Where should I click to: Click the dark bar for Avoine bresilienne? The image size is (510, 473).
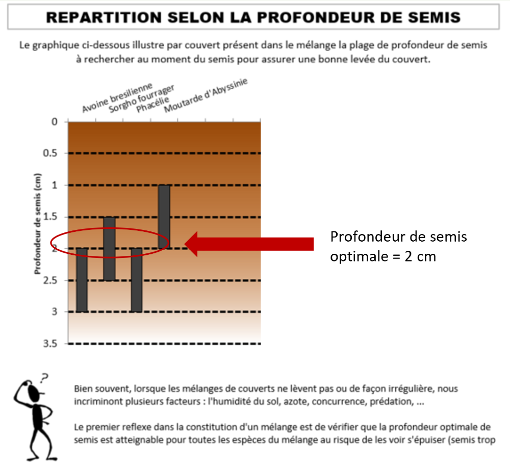coord(82,280)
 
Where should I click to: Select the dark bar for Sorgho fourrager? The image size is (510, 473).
coord(109,248)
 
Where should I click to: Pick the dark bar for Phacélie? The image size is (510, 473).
coord(137,280)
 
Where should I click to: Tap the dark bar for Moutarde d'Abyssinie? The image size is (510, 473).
coord(164,217)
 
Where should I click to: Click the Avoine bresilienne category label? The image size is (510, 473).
coord(117,97)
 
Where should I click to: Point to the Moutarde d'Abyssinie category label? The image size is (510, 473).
coord(206,95)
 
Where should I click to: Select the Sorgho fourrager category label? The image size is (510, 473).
coord(141,98)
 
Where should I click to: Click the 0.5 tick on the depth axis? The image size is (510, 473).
coord(50,153)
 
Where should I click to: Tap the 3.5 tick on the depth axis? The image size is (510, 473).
coord(50,344)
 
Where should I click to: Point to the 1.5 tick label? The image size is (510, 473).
coord(50,217)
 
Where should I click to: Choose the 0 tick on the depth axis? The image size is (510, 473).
coord(55,122)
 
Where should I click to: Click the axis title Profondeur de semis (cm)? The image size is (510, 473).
coord(38,224)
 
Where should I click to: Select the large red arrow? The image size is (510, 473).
coord(249,244)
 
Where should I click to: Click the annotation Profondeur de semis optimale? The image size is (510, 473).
coord(398,246)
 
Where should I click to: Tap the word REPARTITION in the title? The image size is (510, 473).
coord(104,17)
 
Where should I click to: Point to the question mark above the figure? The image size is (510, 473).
coord(44,378)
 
